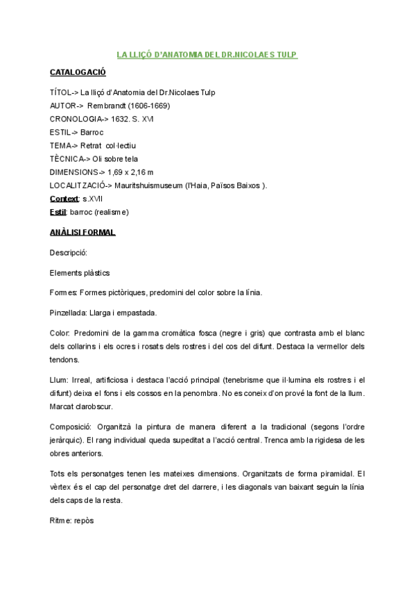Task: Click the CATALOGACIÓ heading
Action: coord(78,72)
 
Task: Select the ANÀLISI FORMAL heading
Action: coord(83,232)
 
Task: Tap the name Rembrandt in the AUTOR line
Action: coord(107,106)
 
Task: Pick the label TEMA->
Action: coord(64,145)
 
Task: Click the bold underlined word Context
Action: coord(64,199)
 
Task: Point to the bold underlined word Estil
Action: coord(58,212)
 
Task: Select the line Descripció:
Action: coord(69,253)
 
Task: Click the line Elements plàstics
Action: coord(80,273)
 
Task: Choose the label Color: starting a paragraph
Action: coord(60,333)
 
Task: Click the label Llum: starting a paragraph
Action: coord(60,379)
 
